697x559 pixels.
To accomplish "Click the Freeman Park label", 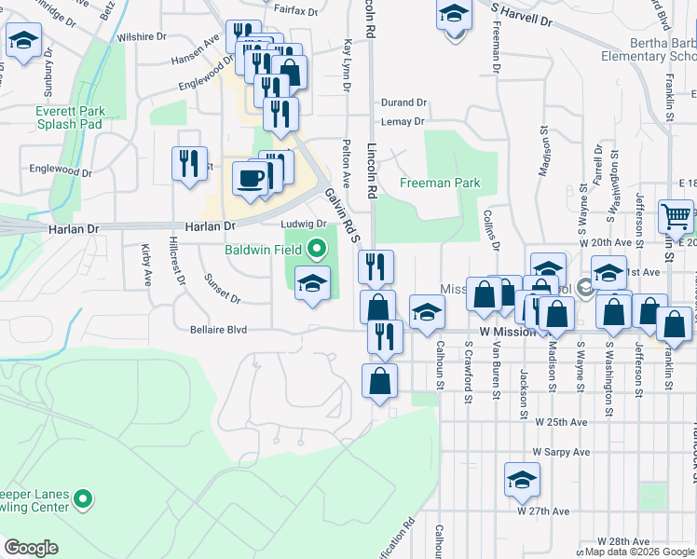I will tap(440, 183).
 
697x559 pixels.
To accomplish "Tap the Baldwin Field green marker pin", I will tap(317, 249).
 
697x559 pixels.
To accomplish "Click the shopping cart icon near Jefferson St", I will tap(676, 216).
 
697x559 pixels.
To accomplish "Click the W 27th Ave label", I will tap(543, 511).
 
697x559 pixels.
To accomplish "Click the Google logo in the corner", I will tap(31, 548).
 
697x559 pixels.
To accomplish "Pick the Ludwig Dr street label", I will tap(304, 224).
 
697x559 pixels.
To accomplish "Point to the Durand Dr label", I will tap(403, 102).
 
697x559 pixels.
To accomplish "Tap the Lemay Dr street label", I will tap(403, 121).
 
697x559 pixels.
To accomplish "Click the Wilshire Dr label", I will tap(142, 37).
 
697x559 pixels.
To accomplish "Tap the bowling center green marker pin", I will tap(84, 499).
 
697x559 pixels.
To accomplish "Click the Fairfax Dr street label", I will tap(296, 11).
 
